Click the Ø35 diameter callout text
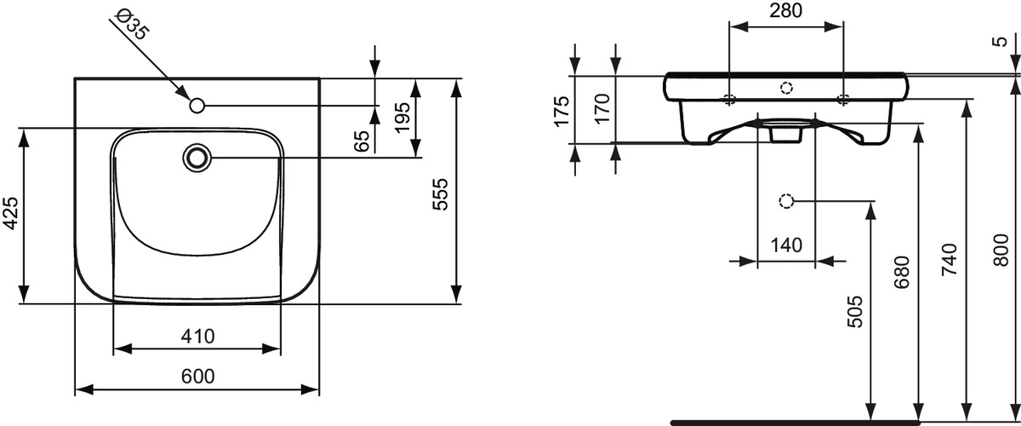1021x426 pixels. click(133, 25)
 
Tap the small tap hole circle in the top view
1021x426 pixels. click(197, 106)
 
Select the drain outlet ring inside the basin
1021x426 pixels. click(197, 158)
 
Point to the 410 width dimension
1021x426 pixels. click(197, 336)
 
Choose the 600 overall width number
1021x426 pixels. click(197, 377)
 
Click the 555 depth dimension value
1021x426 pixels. click(440, 194)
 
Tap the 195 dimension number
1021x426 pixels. click(402, 118)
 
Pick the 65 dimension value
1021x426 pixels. click(362, 141)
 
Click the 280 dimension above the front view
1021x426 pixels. click(786, 10)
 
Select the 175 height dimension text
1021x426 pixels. click(562, 111)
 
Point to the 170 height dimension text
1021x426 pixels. click(602, 108)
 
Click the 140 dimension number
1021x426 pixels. click(786, 245)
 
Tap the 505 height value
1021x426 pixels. click(855, 312)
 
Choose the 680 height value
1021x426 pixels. click(902, 272)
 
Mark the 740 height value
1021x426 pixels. click(950, 259)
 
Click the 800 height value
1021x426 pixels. click(1001, 250)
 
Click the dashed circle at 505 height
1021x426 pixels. click(786, 201)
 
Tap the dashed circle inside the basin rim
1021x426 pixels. click(787, 87)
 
